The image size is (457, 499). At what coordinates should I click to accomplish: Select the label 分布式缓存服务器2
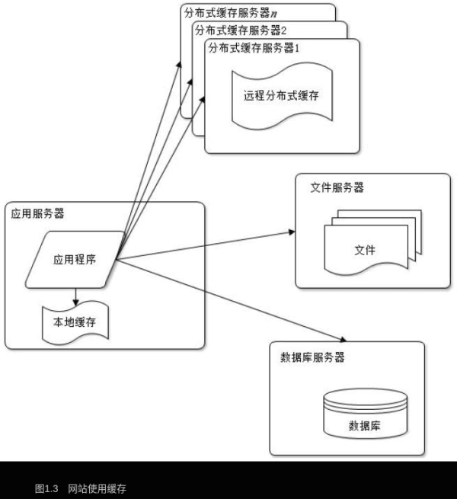point(241,30)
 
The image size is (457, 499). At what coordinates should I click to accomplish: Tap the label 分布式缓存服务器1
point(255,47)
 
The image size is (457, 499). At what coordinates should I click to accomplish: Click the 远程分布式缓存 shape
point(281,97)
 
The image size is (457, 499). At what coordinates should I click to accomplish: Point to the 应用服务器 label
point(37,214)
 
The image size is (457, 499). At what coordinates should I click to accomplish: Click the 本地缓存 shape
point(74,322)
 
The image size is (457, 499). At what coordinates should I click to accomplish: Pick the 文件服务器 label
point(337,187)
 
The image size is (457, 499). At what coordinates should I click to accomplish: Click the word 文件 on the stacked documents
point(365,250)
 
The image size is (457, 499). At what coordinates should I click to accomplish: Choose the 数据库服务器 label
point(312,357)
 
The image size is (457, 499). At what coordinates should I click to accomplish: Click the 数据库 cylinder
point(364,415)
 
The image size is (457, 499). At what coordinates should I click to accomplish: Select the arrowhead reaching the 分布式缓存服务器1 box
point(204,101)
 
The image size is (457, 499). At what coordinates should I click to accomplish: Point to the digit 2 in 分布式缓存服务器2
point(283,30)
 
